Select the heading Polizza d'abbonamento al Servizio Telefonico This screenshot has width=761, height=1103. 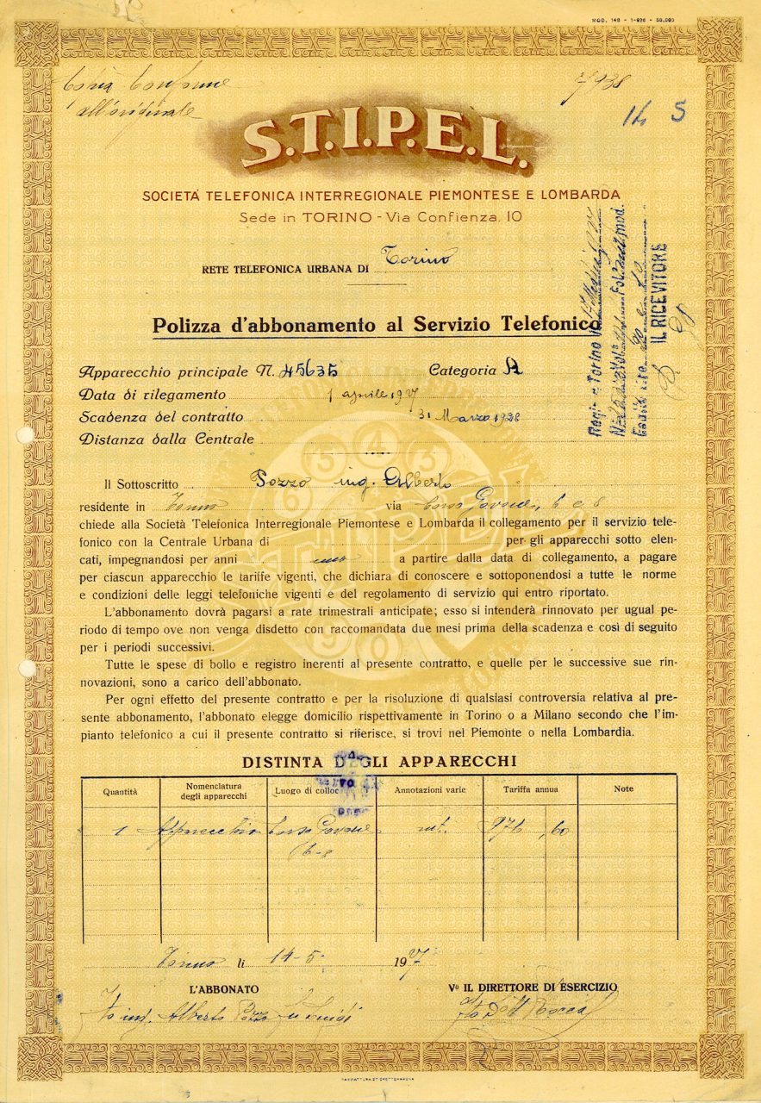click(376, 325)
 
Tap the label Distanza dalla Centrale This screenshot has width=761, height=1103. click(166, 439)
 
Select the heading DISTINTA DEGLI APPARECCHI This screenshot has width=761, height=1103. click(379, 762)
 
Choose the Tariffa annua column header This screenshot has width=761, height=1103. click(530, 789)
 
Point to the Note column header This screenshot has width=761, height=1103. click(623, 788)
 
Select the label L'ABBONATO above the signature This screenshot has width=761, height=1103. click(225, 988)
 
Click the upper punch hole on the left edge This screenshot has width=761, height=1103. click(24, 434)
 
